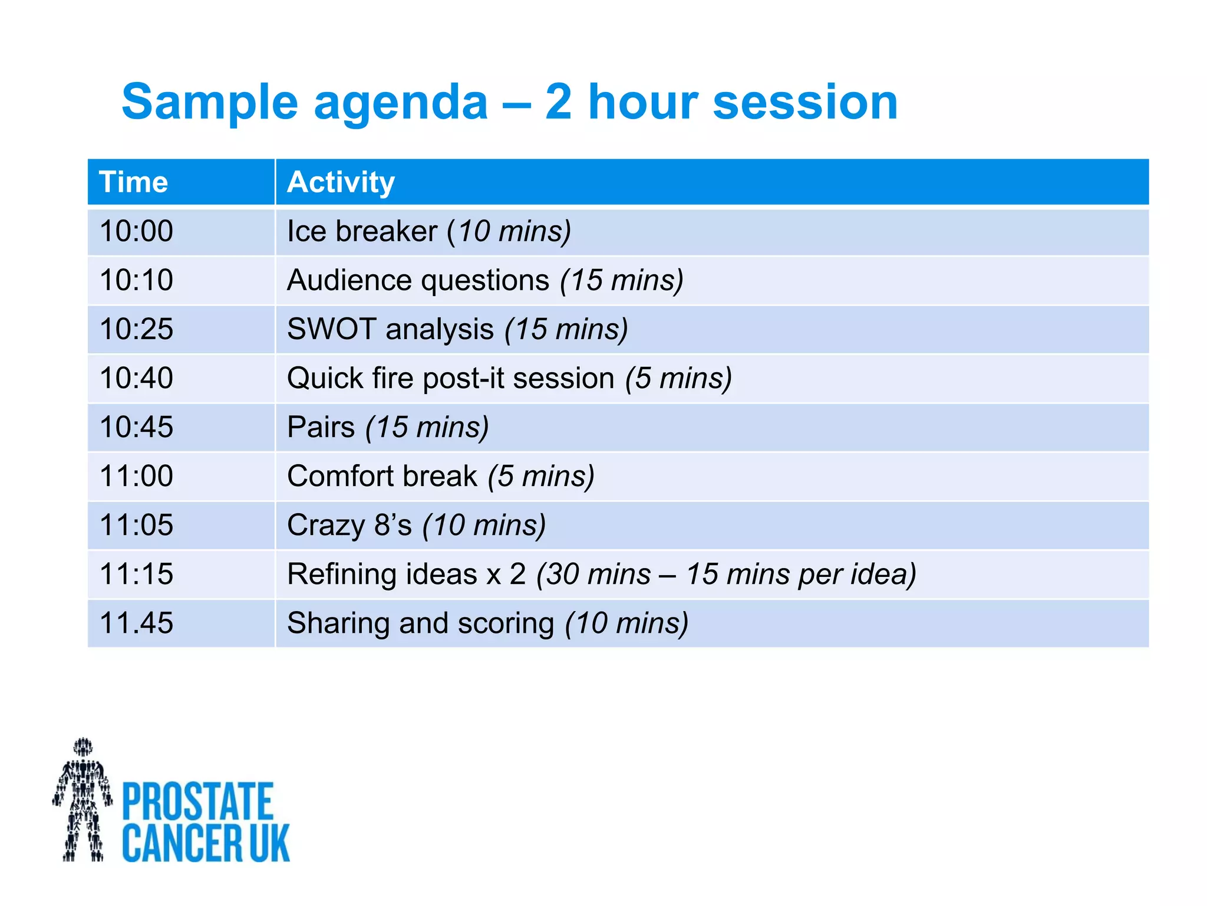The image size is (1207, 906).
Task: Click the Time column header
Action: tap(134, 182)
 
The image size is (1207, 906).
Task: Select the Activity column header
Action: tap(341, 182)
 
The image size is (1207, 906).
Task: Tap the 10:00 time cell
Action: tap(136, 231)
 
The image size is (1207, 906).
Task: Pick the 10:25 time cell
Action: tap(136, 329)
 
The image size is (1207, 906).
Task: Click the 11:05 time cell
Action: tap(136, 525)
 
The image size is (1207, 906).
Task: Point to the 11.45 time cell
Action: tap(136, 623)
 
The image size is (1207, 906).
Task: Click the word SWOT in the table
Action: tap(331, 329)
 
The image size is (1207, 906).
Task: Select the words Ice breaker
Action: tap(362, 231)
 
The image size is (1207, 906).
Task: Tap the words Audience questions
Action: tap(418, 280)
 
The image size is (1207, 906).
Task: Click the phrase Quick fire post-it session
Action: tap(450, 378)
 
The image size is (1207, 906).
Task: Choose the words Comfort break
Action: tap(382, 476)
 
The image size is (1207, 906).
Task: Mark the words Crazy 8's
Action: tap(349, 525)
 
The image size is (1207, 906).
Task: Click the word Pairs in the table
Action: tap(321, 427)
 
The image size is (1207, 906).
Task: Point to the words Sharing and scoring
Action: tap(420, 623)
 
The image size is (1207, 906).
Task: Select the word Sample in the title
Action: tap(210, 103)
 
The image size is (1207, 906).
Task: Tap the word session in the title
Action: tap(805, 103)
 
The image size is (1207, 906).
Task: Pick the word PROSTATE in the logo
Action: tap(197, 801)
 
